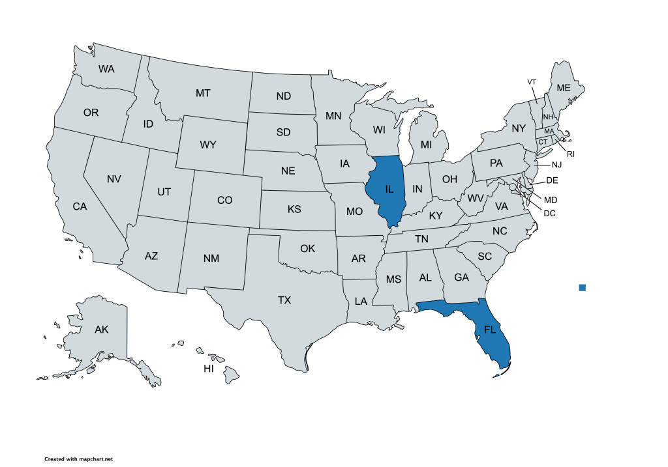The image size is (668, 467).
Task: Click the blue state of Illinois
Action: tap(388, 190)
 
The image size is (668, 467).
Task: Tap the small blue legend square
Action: tap(583, 287)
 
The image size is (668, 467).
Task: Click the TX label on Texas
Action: tap(284, 300)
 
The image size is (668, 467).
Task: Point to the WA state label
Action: tap(107, 68)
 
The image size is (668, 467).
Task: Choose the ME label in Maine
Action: tap(563, 88)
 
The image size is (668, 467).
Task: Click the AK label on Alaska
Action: tap(101, 330)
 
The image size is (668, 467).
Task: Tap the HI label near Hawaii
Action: tap(209, 369)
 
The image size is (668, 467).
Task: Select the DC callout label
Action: tap(550, 212)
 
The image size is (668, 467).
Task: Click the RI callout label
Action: tap(570, 154)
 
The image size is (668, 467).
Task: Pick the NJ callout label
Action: tap(556, 165)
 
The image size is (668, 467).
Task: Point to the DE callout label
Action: tap(552, 180)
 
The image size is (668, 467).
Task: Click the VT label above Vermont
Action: tap(532, 81)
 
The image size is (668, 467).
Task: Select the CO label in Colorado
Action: tap(224, 201)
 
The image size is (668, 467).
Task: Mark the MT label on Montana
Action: tap(203, 94)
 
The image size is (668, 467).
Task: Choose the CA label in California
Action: tap(80, 206)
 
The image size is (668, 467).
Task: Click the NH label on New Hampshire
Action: tap(548, 117)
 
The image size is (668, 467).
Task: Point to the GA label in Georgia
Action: tap(461, 277)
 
